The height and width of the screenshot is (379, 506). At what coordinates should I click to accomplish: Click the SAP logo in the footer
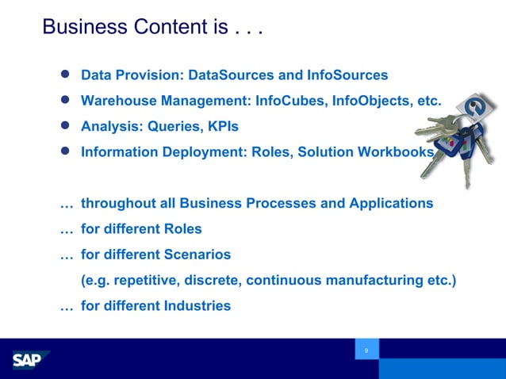click(30, 360)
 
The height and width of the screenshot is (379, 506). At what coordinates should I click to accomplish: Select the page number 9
click(366, 350)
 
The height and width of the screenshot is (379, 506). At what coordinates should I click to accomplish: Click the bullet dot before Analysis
click(67, 125)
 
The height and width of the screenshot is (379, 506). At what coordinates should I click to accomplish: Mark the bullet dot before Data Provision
click(67, 75)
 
